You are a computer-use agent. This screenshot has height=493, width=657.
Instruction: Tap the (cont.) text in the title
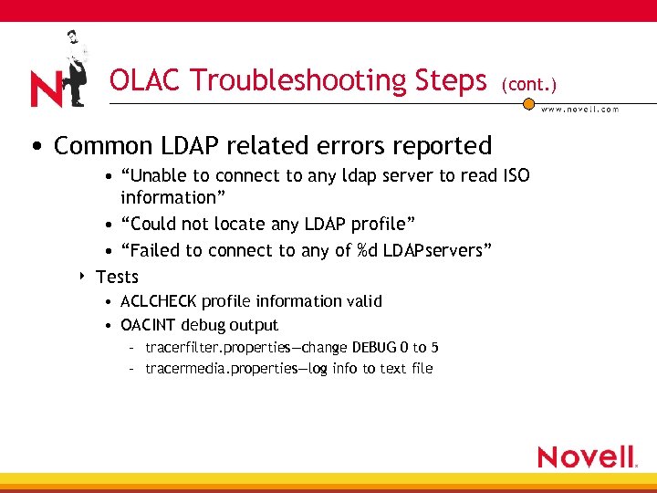(528, 84)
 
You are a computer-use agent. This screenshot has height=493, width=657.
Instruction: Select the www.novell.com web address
(580, 110)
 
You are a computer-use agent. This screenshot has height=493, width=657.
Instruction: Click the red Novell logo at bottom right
(586, 456)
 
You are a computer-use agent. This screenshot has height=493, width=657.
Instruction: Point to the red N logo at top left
(46, 90)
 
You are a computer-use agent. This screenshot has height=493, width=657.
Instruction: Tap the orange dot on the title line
(528, 103)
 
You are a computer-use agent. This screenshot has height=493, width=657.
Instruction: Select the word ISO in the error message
(516, 175)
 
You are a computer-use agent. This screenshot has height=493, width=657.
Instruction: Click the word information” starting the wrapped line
(168, 197)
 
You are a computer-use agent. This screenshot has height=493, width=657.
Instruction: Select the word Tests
(117, 277)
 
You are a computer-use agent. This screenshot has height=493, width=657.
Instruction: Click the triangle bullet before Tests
(82, 275)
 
